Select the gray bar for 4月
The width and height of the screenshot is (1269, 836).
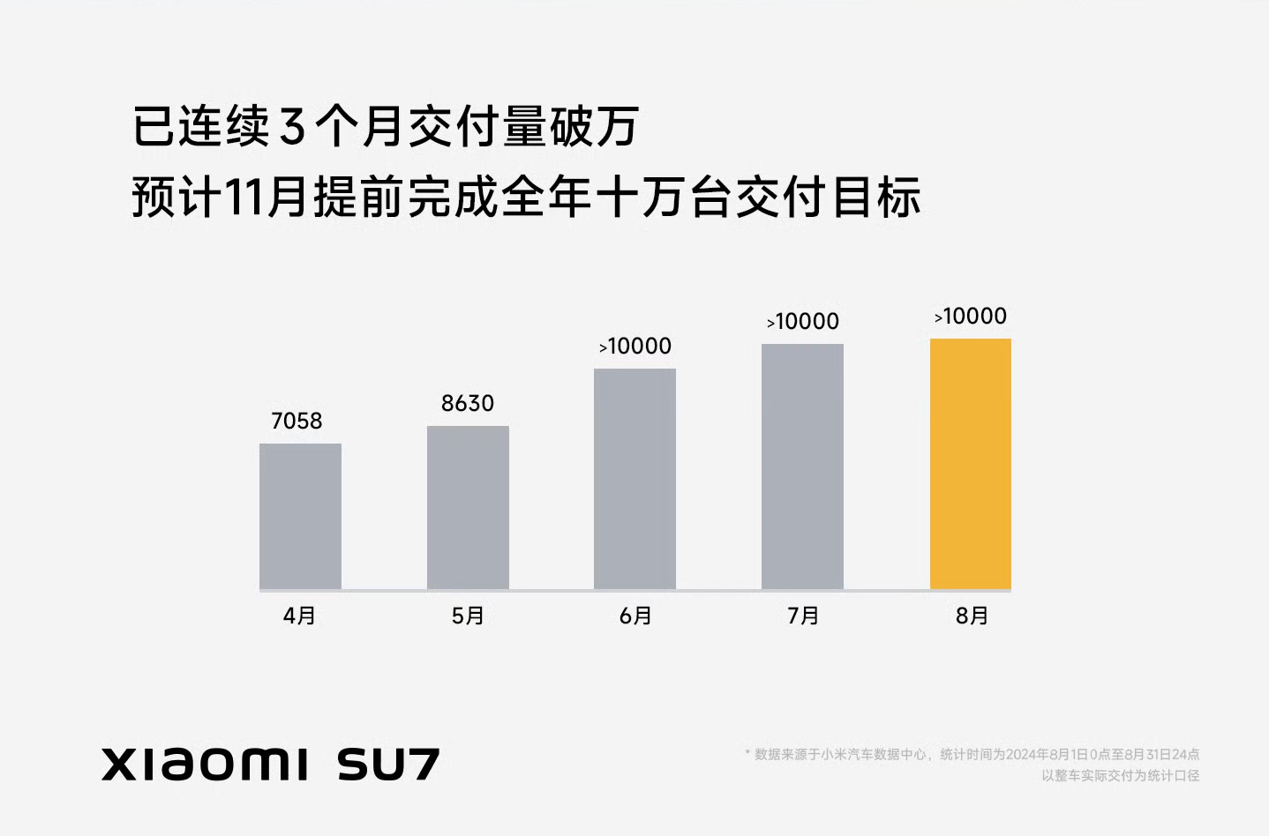[300, 516]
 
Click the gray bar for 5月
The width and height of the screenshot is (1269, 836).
[468, 507]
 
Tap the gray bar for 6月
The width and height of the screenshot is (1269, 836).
[634, 478]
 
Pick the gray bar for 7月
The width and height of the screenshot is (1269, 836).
[802, 466]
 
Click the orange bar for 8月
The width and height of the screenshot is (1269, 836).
[971, 463]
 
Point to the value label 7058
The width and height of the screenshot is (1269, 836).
[297, 422]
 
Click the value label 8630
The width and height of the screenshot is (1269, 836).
[468, 404]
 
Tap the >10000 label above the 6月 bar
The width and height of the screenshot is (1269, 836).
[635, 347]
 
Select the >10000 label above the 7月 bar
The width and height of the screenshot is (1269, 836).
[803, 322]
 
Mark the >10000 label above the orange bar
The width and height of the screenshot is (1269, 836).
[971, 317]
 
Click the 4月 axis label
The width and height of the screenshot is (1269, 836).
[299, 616]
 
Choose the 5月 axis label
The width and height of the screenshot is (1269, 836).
[468, 616]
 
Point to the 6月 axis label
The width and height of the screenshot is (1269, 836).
[635, 616]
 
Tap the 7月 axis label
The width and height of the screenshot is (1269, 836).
[803, 616]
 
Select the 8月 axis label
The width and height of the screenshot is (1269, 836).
[972, 616]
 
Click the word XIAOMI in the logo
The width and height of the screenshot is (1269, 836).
[206, 764]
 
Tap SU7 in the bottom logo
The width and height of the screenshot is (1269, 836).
[388, 764]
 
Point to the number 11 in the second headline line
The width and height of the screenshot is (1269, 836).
[244, 197]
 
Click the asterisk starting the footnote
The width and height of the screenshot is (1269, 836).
[747, 752]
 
